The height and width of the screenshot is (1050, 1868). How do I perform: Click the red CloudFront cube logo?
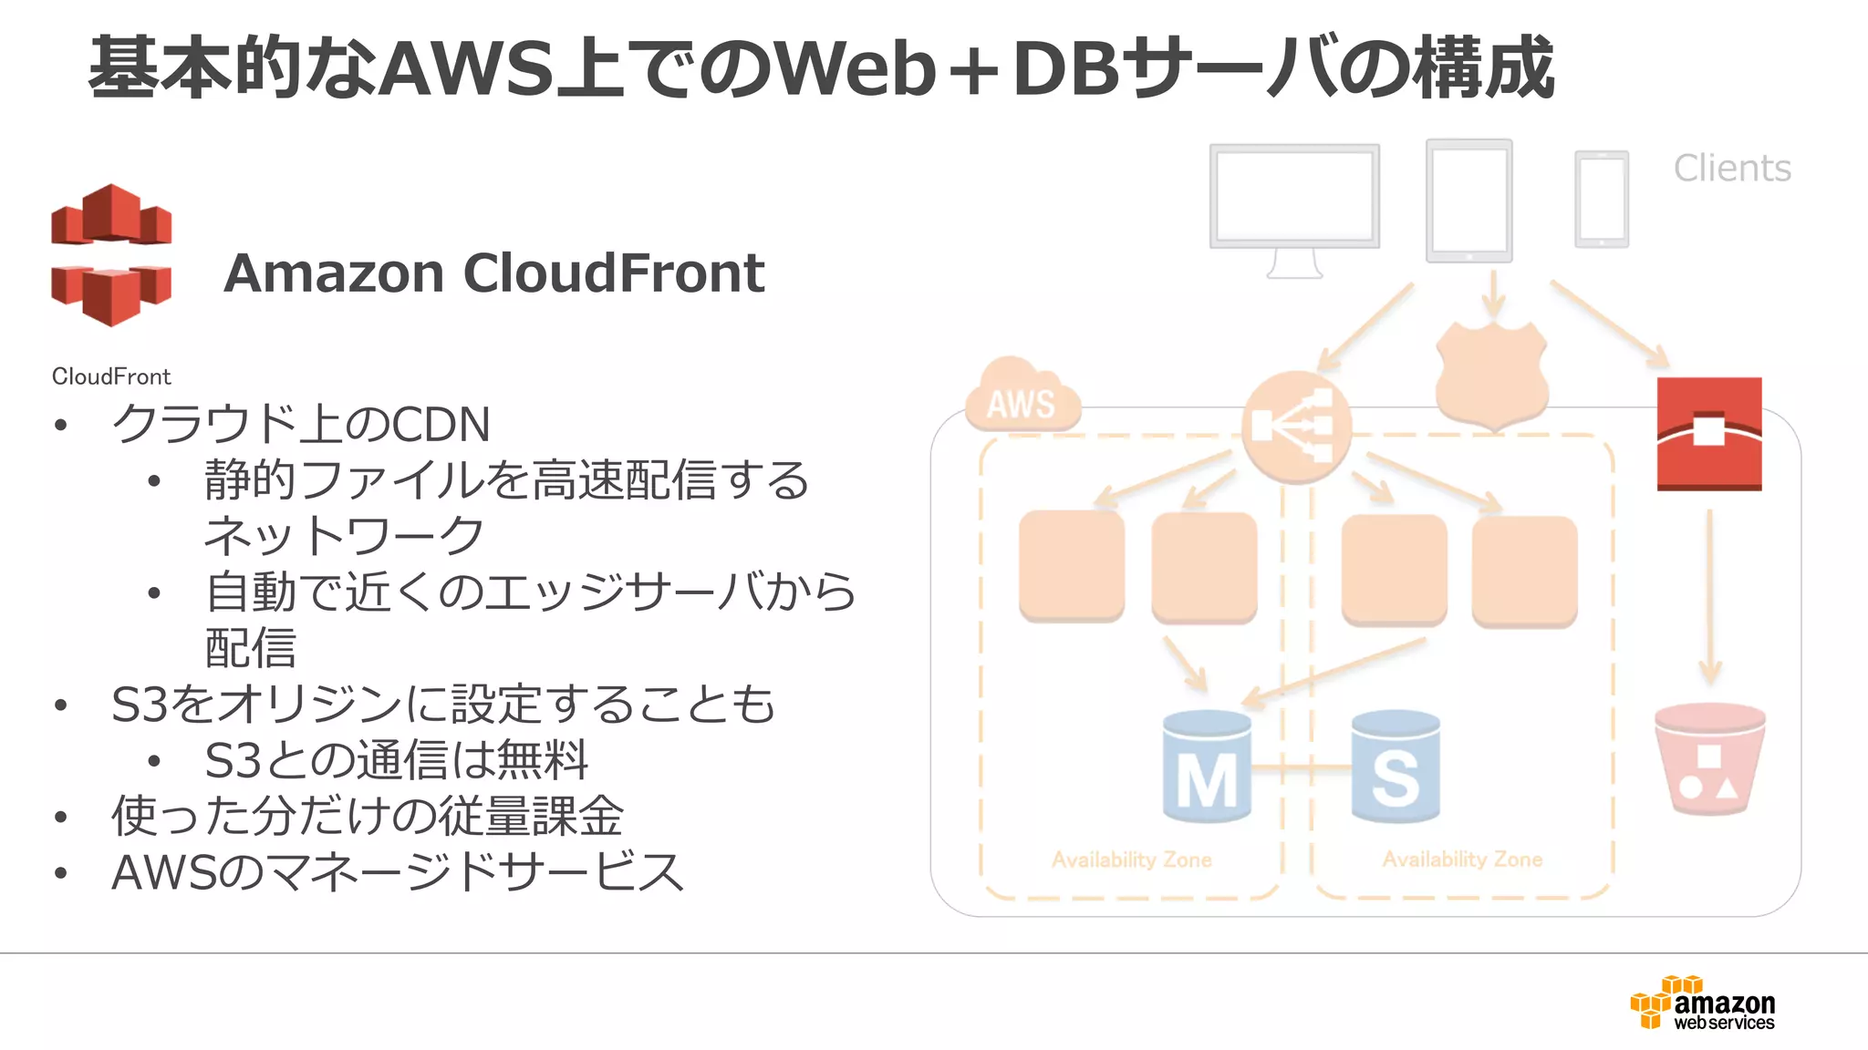pos(111,255)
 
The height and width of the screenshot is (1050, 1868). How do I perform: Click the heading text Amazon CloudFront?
pos(493,273)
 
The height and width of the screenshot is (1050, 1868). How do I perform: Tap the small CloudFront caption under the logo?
pos(111,376)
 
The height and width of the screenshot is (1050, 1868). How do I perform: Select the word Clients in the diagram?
pos(1731,169)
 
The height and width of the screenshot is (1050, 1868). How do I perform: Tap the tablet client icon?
pos(1468,201)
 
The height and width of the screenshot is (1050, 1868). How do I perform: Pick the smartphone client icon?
pos(1601,200)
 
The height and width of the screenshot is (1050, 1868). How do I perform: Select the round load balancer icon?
pos(1296,427)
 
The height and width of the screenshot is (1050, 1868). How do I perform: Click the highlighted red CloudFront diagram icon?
pos(1708,434)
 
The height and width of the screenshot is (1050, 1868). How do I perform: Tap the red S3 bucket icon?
pos(1709,758)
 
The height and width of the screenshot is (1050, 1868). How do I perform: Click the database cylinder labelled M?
pos(1207,767)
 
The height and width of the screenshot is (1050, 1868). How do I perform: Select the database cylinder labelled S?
pos(1396,767)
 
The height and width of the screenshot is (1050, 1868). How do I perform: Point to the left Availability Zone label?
pos(1131,860)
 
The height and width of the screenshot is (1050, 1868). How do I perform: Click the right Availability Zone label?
pos(1462,860)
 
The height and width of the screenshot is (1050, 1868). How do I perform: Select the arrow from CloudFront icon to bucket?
pos(1709,597)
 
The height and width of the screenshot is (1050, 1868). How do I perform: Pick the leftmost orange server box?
pos(1071,566)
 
